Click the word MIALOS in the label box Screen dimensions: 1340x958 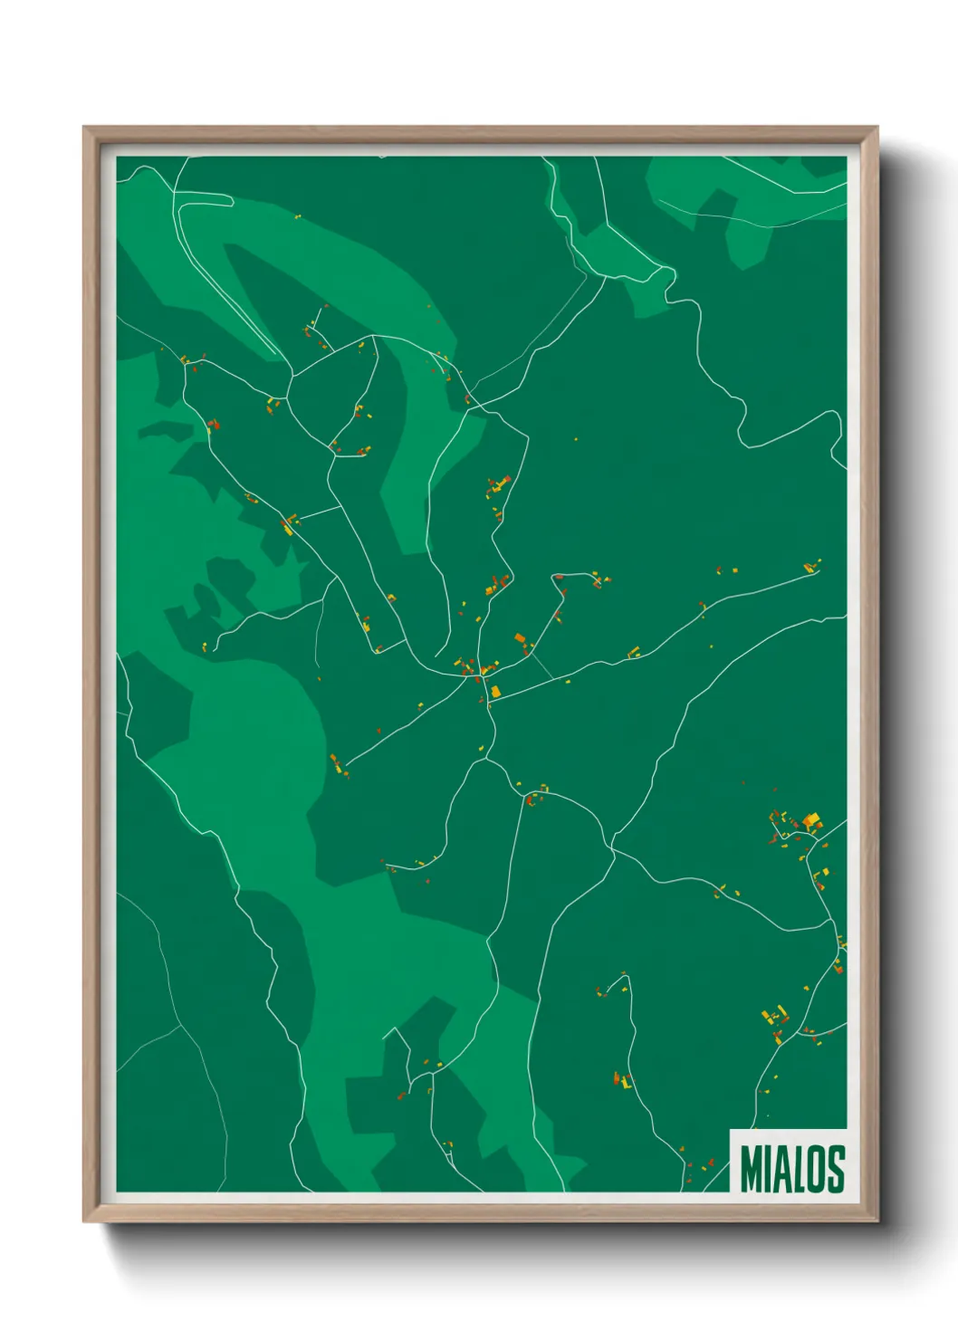(x=792, y=1169)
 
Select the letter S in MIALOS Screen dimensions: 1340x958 (x=836, y=1169)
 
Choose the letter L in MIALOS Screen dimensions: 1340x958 (x=798, y=1169)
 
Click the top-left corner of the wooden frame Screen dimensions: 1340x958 (x=85, y=129)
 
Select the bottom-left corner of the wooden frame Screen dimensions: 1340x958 (x=85, y=1221)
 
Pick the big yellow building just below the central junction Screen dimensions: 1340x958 (x=495, y=692)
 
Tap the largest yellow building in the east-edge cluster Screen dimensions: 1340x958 (x=812, y=820)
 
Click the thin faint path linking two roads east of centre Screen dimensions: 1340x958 (x=542, y=666)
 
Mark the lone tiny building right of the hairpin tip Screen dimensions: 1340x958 (x=296, y=216)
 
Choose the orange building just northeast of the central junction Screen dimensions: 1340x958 (x=520, y=638)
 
